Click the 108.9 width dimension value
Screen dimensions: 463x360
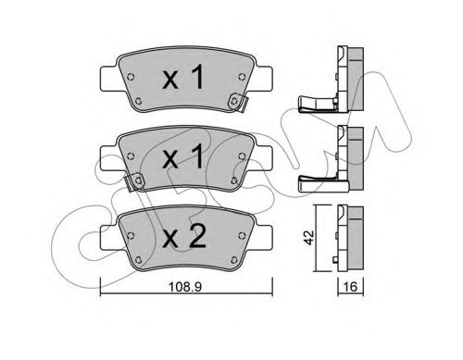point(185,287)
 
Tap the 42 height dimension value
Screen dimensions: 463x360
point(309,237)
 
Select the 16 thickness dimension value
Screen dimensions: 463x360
point(350,287)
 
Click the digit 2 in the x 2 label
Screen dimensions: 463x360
point(197,236)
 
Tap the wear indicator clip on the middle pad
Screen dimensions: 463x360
point(134,181)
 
